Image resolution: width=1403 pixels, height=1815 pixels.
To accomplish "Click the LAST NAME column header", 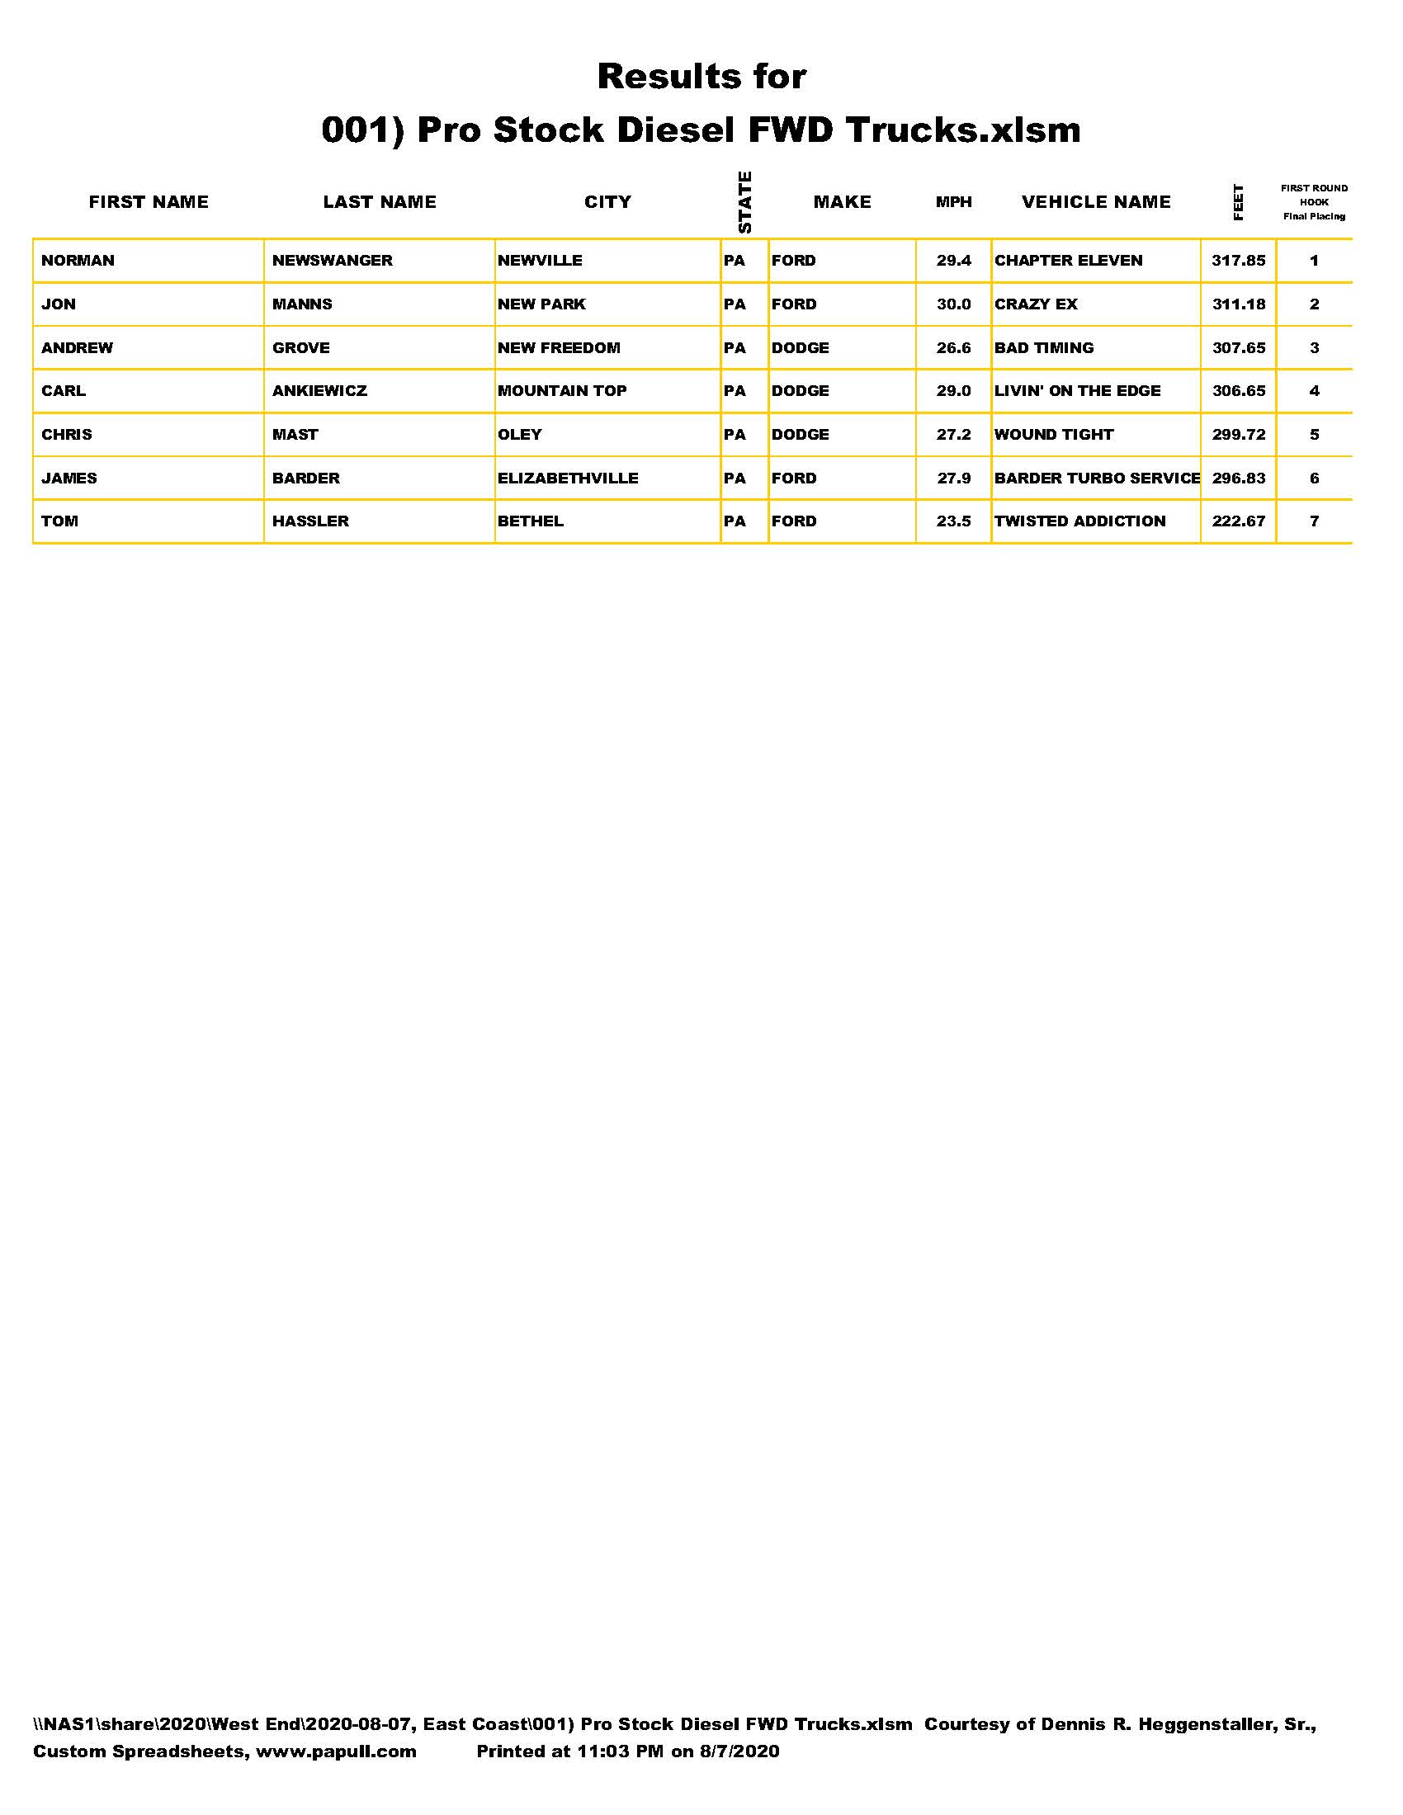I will tap(379, 202).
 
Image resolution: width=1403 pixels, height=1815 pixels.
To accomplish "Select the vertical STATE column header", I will tap(744, 202).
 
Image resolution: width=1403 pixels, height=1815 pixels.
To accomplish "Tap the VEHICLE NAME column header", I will tap(1095, 202).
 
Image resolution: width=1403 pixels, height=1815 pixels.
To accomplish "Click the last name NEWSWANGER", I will tap(333, 261).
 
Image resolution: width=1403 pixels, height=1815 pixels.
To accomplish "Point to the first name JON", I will tap(58, 304).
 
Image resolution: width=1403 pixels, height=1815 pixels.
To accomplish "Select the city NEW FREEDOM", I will tap(559, 348).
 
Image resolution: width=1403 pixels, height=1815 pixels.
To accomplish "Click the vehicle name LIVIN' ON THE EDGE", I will tap(1077, 391).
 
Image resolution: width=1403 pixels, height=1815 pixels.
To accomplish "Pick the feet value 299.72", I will tap(1239, 435).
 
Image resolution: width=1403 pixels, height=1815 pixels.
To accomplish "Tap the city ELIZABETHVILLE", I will tap(568, 478).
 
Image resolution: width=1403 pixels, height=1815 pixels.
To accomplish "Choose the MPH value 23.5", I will tap(953, 522).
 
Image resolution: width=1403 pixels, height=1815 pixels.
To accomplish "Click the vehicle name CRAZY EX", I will tap(1036, 304).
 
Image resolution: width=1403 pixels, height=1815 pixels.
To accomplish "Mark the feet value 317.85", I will tap(1239, 261).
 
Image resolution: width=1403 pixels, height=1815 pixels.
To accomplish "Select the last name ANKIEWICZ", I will tap(319, 391).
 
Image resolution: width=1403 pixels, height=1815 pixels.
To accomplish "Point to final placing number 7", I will tap(1314, 522).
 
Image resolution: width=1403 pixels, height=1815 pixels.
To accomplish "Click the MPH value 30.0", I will tap(953, 304).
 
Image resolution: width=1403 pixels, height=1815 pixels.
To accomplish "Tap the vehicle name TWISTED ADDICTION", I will tap(1079, 522).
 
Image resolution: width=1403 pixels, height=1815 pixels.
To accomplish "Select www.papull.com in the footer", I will tap(336, 1751).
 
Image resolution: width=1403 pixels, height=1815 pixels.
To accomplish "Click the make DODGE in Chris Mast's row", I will tap(800, 435).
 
